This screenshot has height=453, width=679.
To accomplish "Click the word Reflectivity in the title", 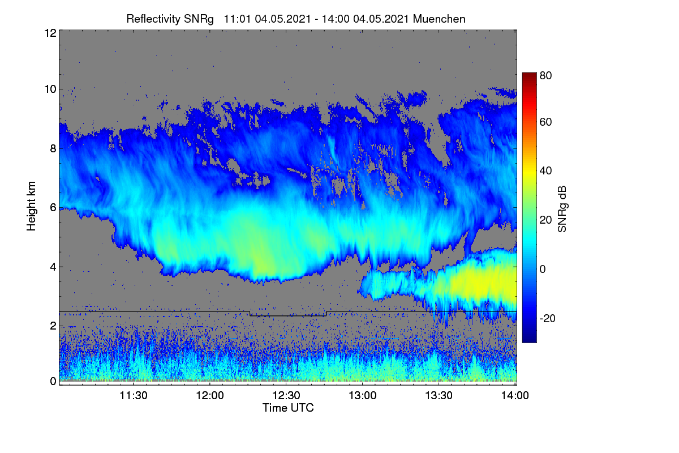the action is pos(154,19).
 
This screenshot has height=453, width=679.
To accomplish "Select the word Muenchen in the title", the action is pos(439,19).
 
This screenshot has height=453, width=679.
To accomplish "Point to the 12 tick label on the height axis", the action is pos(50,33).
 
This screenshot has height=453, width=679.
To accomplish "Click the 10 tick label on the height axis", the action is pos(50,89).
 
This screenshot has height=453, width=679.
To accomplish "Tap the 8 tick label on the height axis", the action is pos(53,149).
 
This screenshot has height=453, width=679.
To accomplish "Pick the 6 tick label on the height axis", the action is pos(53,208).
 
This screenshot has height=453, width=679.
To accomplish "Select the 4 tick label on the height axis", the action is pos(53,267).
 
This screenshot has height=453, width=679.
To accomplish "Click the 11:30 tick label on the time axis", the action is pos(134,395).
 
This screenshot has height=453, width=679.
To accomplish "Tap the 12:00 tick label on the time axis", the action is pos(210,395).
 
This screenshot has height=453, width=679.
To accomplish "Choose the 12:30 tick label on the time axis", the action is pos(286,395).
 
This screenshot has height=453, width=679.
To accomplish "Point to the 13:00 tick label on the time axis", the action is pos(363,395).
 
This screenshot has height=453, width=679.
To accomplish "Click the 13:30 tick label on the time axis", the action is pos(439,395).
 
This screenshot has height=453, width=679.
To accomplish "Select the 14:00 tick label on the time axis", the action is pos(515,395).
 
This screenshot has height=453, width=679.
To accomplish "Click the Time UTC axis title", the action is pos(288,408).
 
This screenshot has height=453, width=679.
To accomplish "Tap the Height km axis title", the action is pos(31,206).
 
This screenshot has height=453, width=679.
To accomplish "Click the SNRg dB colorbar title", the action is pos(562,209).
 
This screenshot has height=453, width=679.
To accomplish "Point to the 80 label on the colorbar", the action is pos(545,75).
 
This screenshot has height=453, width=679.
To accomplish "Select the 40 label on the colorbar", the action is pos(545,171).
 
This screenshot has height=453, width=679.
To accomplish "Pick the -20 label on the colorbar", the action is pos(548,318).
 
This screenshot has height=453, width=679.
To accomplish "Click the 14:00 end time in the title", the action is pos(336,19).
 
